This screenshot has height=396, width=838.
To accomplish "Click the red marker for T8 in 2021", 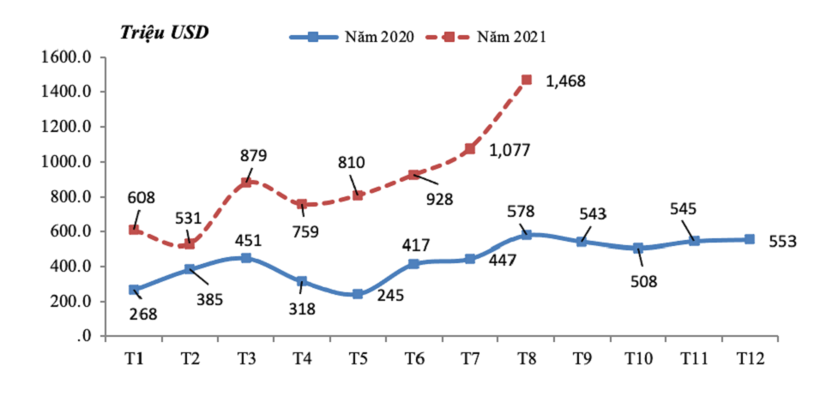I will (x=526, y=80).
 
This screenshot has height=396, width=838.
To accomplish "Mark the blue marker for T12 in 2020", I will (x=749, y=240).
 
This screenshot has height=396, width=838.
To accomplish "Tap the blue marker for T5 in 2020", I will (x=358, y=294).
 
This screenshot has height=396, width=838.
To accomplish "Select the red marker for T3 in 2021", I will (x=246, y=183).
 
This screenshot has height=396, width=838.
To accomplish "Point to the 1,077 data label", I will (x=509, y=150).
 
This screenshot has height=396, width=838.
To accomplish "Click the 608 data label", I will (x=142, y=199).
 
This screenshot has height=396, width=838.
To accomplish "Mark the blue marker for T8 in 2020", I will (x=526, y=235).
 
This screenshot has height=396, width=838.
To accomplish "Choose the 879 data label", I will (x=253, y=156).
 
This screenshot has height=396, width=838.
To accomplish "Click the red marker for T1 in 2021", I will (x=134, y=230).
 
